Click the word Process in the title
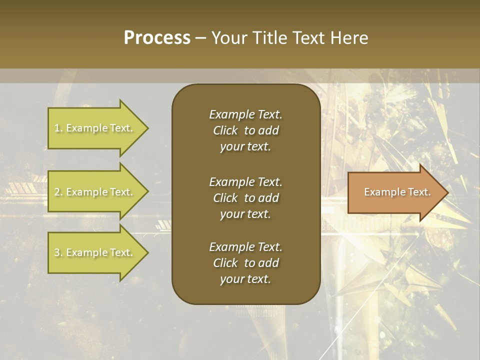point(157,38)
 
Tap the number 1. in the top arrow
point(58,128)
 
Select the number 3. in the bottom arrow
point(58,253)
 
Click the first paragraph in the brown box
point(245,130)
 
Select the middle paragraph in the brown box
point(245,198)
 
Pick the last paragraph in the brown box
point(245,263)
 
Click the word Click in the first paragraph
point(225,130)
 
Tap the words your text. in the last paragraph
point(245,279)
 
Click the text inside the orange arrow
point(397,192)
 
